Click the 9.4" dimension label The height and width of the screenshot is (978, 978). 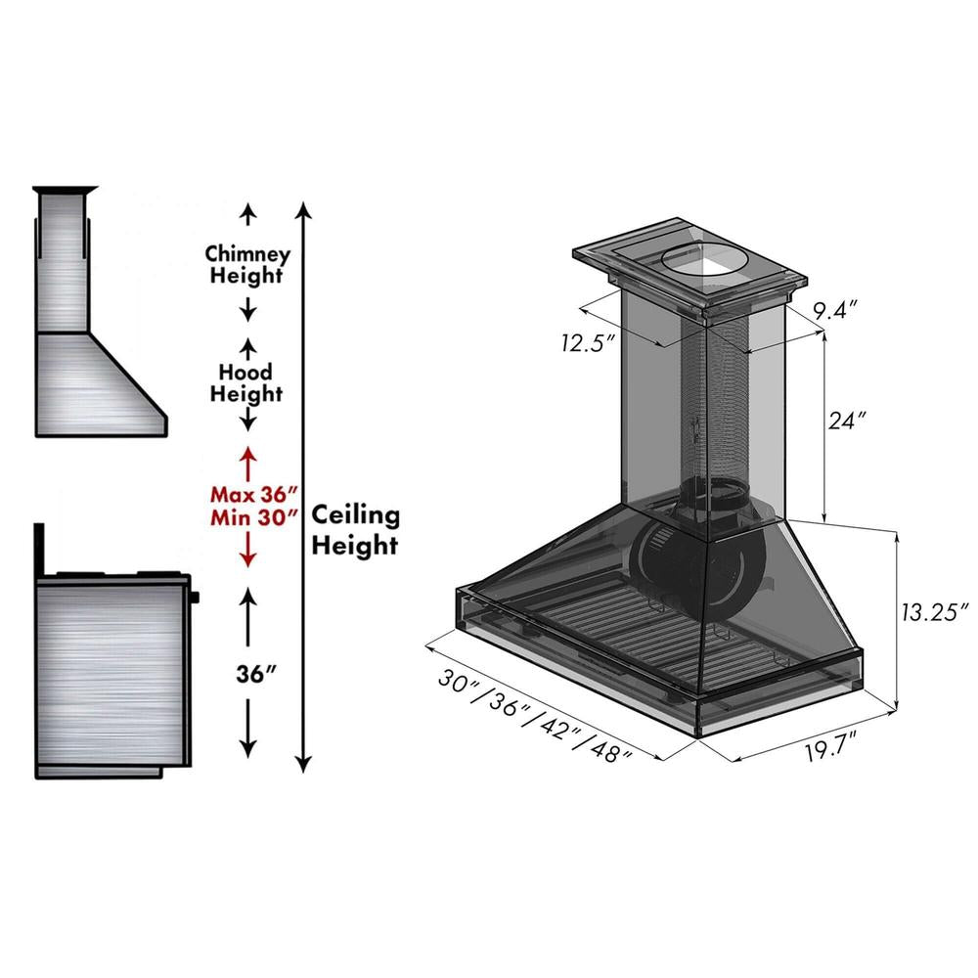coord(835,312)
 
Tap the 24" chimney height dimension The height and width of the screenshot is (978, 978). coord(847,422)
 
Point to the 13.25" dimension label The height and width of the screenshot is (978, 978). coord(933,609)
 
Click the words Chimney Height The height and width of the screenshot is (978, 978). coord(247,264)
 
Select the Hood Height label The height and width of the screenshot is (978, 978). coord(247,383)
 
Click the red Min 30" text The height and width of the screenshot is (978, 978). coord(252,518)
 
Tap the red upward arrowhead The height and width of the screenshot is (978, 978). coord(247,455)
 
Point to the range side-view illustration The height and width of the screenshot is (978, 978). coord(112,675)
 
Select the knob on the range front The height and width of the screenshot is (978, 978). coord(196,596)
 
